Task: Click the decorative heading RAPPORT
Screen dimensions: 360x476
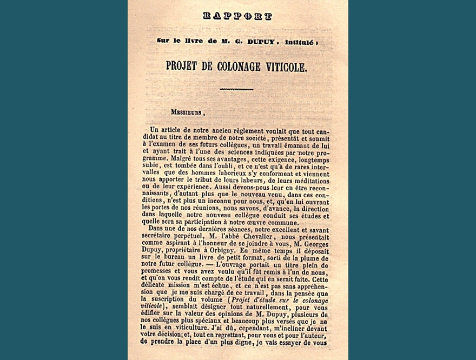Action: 237,16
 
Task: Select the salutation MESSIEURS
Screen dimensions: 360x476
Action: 187,113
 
